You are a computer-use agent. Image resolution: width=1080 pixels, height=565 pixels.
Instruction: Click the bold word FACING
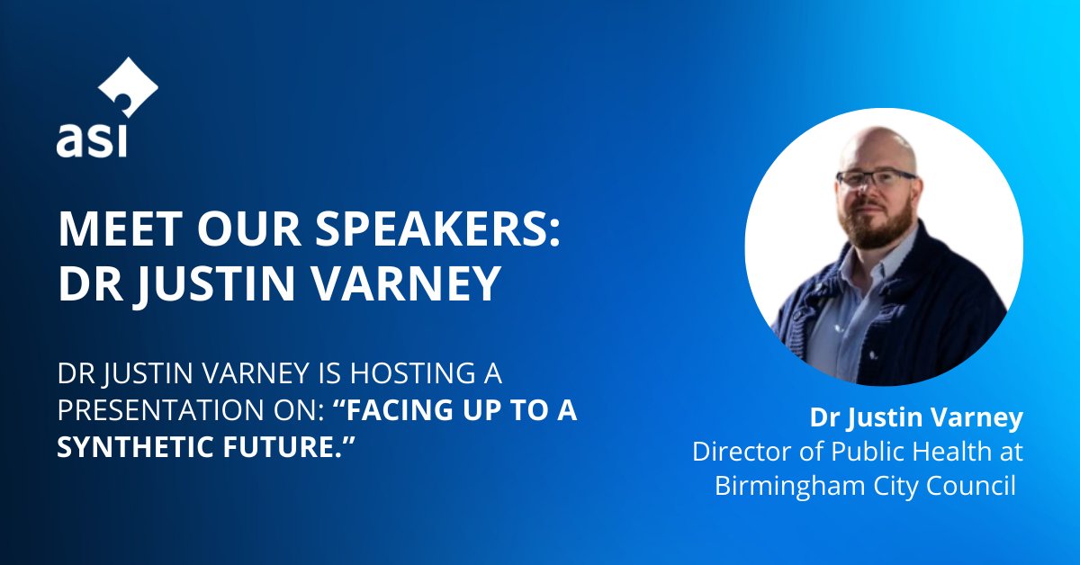(411, 409)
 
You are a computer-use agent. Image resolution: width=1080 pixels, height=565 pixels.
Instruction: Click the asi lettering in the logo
(93, 142)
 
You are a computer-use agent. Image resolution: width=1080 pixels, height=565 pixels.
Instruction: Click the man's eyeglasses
(875, 178)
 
